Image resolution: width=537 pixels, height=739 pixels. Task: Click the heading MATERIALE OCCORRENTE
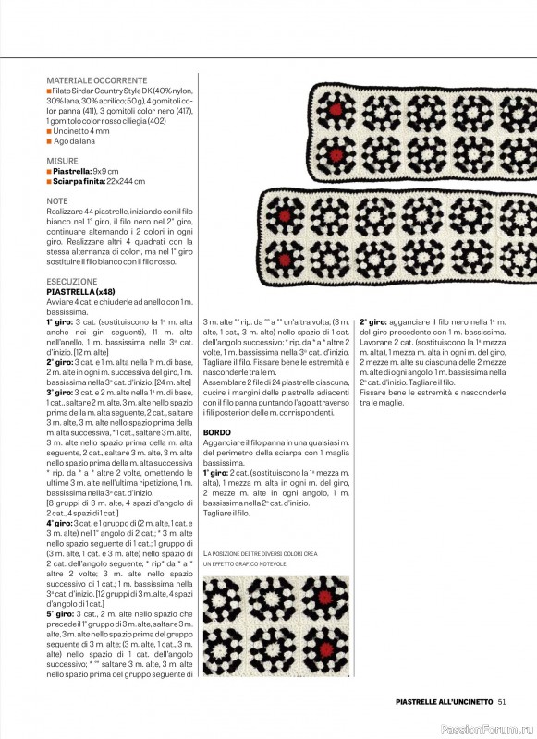coord(96,81)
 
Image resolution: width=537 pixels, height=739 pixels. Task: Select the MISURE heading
coord(62,161)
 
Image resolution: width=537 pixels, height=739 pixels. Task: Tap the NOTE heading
coord(56,200)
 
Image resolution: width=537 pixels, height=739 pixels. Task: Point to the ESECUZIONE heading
coord(71,281)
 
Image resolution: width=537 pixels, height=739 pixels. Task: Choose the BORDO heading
coord(216,432)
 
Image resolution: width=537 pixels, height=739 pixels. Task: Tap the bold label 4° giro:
coord(62,524)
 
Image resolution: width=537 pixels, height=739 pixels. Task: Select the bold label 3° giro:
coord(62,392)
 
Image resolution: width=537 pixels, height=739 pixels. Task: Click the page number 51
coord(501,700)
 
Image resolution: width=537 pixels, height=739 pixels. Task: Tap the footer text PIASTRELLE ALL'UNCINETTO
coord(438,700)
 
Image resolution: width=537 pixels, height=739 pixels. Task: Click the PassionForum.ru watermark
coord(494,728)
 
